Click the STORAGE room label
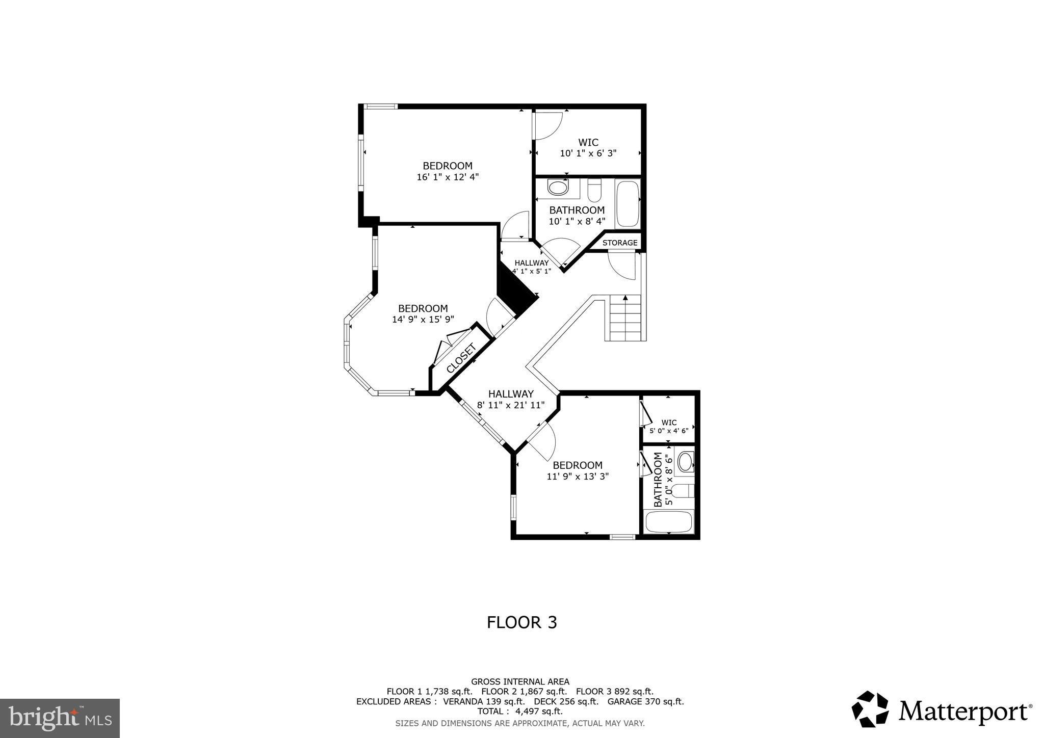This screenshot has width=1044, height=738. tap(620, 243)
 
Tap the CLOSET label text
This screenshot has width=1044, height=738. tap(461, 358)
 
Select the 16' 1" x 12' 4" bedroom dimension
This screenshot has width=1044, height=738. tap(448, 177)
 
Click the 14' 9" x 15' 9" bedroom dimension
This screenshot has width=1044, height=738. tap(423, 320)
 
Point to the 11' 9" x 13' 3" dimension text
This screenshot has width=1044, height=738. tap(578, 477)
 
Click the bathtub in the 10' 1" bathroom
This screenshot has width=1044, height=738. tap(627, 204)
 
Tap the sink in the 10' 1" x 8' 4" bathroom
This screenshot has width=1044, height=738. tap(558, 188)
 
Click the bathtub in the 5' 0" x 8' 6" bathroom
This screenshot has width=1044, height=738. tap(669, 521)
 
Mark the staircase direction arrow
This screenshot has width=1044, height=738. tap(625, 298)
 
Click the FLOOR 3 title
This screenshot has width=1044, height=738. tap(521, 622)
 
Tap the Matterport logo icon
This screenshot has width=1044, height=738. tap(870, 708)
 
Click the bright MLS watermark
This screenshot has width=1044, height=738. tap(60, 718)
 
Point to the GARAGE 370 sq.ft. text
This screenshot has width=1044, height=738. tap(645, 701)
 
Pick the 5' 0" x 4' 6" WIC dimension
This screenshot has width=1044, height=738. tap(669, 431)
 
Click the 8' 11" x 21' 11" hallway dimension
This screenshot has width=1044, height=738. tap(511, 405)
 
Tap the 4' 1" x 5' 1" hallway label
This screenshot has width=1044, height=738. tap(531, 271)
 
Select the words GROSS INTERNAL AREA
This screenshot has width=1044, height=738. tap(520, 681)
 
